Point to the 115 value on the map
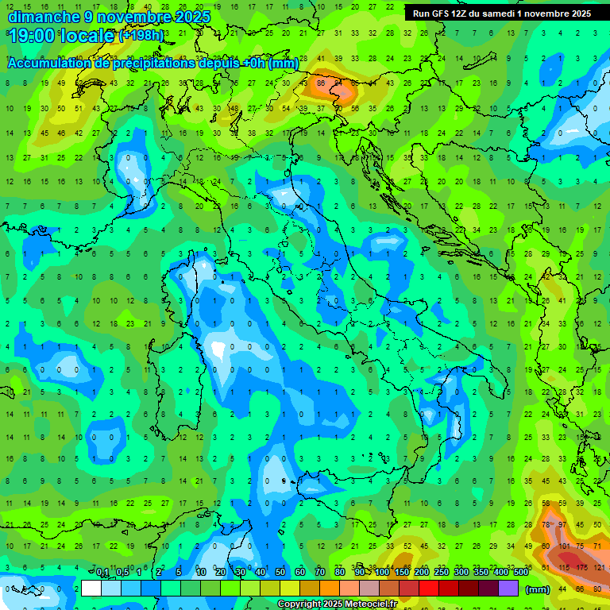pos(564,567)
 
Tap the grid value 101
pos(564,546)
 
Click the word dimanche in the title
pos(42,16)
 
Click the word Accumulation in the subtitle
pos(50,64)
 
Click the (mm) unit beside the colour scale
pos(538,589)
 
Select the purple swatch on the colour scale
pos(508,589)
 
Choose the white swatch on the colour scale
pos(91,589)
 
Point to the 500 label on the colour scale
pos(520,573)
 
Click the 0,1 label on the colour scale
pos(102,573)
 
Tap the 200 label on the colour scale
pos(421,573)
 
